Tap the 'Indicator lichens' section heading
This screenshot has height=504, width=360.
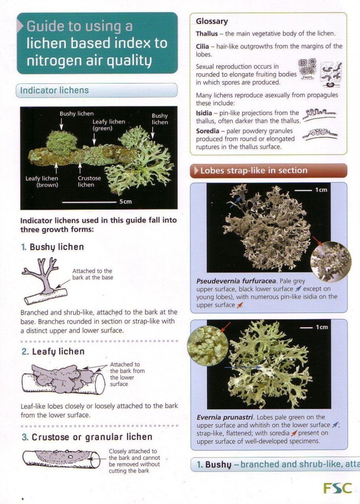pyautogui.click(x=54, y=90)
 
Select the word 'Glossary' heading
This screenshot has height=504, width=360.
pyautogui.click(x=212, y=21)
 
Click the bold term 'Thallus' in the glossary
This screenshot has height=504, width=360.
pyautogui.click(x=207, y=34)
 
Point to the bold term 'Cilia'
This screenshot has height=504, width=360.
pyautogui.click(x=202, y=47)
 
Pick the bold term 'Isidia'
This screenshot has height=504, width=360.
pyautogui.click(x=204, y=113)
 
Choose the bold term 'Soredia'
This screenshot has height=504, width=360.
pyautogui.click(x=207, y=131)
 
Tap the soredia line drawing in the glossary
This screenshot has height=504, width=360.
pyautogui.click(x=320, y=135)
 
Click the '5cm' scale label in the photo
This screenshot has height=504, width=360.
pyautogui.click(x=125, y=201)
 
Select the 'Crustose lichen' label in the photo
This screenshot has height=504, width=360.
pyautogui.click(x=89, y=181)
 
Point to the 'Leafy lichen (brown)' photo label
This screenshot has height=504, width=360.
pyautogui.click(x=42, y=182)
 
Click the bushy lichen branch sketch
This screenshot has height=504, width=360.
pyautogui.click(x=45, y=282)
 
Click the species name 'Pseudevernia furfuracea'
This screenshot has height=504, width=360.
pyautogui.click(x=236, y=281)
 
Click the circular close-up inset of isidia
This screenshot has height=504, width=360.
pyautogui.click(x=330, y=261)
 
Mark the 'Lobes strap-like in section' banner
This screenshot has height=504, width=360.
pyautogui.click(x=269, y=171)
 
